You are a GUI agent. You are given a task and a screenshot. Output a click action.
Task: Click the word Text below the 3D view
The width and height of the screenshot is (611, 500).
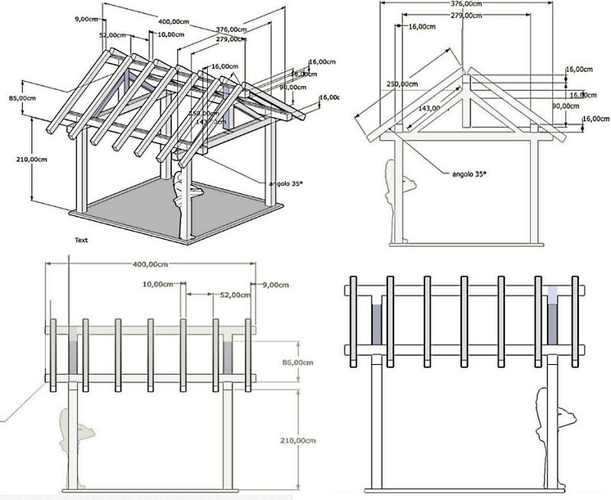(x=81, y=240)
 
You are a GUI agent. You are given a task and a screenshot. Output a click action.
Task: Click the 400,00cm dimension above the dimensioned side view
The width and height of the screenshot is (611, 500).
(x=150, y=265)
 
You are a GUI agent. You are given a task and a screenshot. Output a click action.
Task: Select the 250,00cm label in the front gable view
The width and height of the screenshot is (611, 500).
(x=402, y=83)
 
